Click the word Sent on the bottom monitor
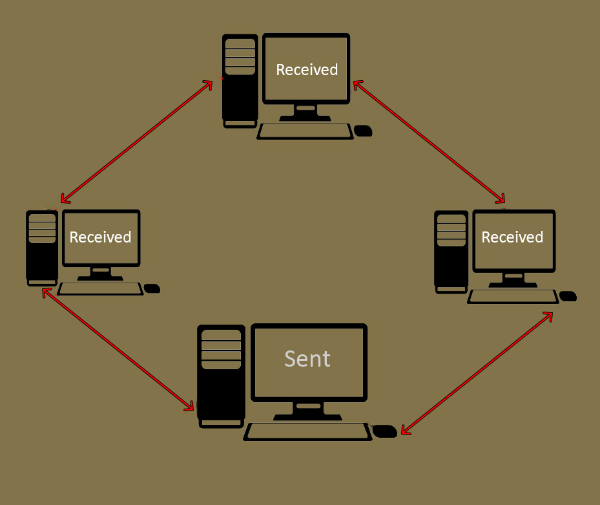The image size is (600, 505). click(x=307, y=359)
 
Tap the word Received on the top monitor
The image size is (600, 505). click(x=307, y=70)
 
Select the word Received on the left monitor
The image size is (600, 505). click(x=100, y=237)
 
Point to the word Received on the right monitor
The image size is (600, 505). click(x=512, y=237)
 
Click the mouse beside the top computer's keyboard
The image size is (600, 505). click(x=364, y=131)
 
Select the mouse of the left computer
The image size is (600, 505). click(x=152, y=288)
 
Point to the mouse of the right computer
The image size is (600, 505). click(x=568, y=296)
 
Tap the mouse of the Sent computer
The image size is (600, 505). click(x=386, y=431)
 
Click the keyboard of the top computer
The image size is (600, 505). click(x=305, y=131)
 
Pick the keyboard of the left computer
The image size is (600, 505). click(x=100, y=289)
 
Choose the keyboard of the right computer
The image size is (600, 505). click(x=513, y=297)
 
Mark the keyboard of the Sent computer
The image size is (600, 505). click(x=308, y=432)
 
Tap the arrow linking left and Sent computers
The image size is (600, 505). click(x=118, y=350)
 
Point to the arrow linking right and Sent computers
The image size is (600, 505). click(x=477, y=374)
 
